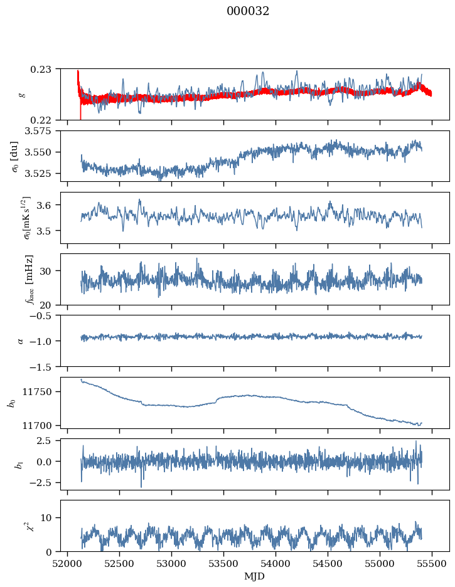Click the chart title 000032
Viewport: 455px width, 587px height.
pos(247,11)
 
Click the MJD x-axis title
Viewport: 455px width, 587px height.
pos(254,576)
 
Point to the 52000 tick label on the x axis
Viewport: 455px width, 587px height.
pos(67,564)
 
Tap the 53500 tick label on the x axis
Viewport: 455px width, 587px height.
pos(223,564)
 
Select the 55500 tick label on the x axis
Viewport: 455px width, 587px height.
pos(432,564)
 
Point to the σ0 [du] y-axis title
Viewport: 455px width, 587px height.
pos(14,157)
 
